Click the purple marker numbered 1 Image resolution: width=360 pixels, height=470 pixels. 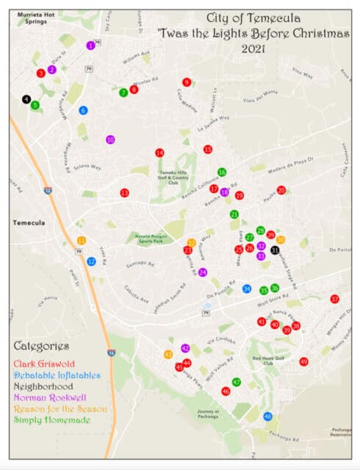coord(90,45)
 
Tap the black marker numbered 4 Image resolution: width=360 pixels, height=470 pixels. coord(26,98)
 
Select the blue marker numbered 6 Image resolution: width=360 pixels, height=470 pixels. coord(83,110)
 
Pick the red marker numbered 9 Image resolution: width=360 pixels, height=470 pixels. coord(187,82)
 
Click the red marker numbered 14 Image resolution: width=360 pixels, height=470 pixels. coord(159,153)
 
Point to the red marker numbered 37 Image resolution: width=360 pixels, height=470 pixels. coord(334,299)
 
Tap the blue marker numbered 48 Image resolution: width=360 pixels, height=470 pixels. coord(268,416)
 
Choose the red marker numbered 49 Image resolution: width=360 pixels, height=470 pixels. coord(303,361)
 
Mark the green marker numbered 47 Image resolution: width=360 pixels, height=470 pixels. coord(237,382)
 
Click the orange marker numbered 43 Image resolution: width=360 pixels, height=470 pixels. coord(168,355)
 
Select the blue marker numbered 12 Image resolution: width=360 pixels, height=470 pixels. coord(91,261)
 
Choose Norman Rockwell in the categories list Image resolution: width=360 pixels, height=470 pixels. coord(49,397)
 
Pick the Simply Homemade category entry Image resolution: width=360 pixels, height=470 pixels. coord(51,420)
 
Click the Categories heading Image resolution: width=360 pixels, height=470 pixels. coord(40,346)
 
